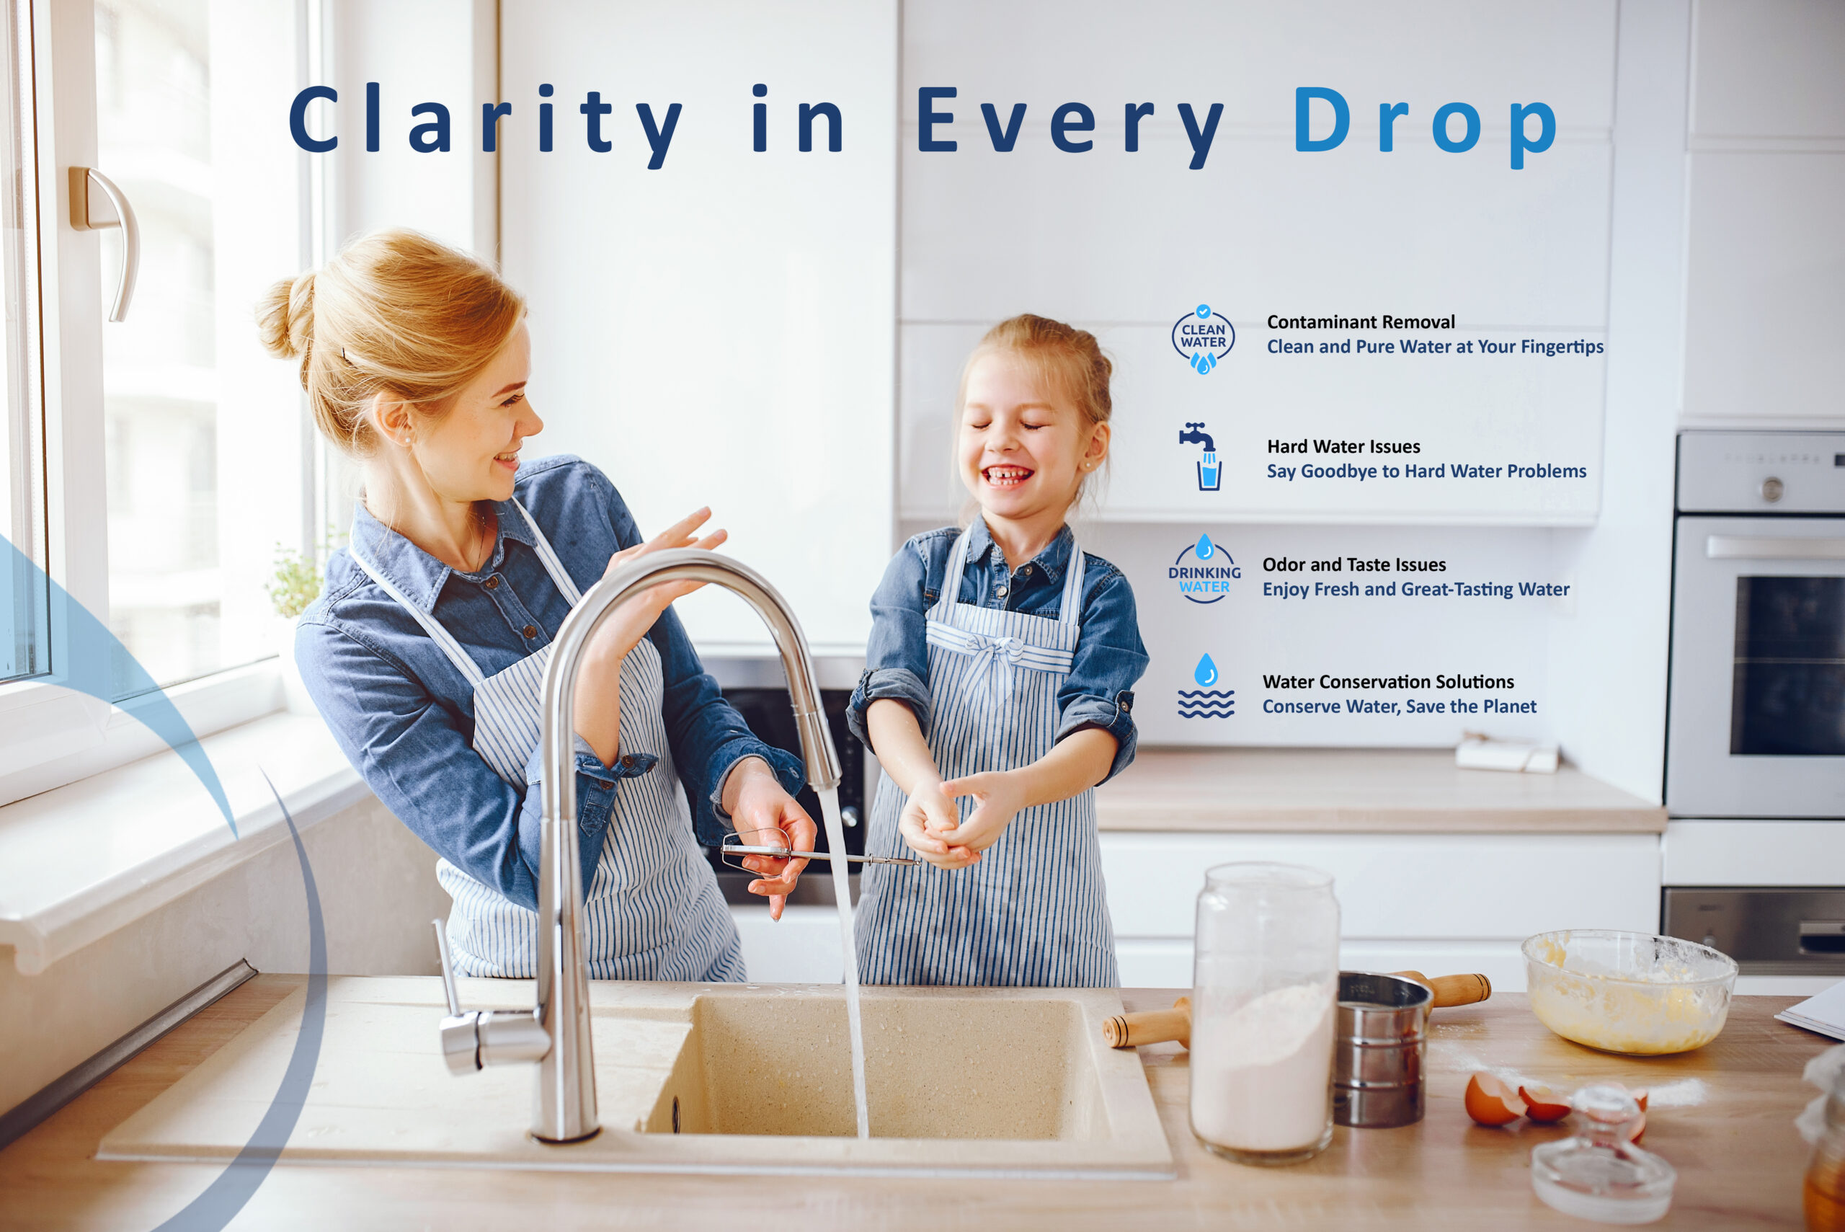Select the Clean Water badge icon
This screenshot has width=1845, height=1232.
point(1203,340)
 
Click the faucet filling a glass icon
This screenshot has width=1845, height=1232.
point(1201,456)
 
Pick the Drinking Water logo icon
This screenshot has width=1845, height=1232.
point(1204,569)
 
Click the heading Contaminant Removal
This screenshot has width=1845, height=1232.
point(1361,322)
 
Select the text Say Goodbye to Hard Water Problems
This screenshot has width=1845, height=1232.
point(1426,471)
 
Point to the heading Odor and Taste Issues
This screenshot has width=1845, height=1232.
point(1354,565)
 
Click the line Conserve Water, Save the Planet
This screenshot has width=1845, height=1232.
point(1399,706)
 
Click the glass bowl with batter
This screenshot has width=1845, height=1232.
point(1628,991)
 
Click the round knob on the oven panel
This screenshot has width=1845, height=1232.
point(1771,489)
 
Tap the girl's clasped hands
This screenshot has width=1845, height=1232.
point(954,821)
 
